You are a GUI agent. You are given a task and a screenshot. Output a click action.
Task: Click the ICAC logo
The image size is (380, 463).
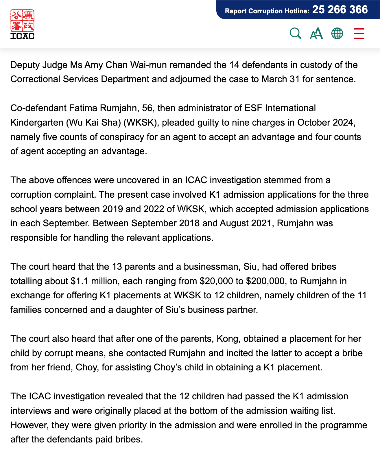[x=22, y=24]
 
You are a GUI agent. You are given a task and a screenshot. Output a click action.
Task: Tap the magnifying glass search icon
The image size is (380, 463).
[x=295, y=34]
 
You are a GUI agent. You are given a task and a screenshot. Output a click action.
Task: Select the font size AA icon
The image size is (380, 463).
[x=316, y=34]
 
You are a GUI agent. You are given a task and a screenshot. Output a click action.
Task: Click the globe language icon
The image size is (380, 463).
[x=337, y=34]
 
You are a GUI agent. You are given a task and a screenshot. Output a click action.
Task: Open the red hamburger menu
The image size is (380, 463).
[x=359, y=34]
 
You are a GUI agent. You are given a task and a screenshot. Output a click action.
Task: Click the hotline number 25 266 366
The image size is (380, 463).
[x=340, y=10]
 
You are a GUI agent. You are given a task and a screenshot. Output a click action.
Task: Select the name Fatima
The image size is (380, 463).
[x=83, y=108]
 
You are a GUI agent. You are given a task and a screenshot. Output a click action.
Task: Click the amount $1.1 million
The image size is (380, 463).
[x=93, y=281]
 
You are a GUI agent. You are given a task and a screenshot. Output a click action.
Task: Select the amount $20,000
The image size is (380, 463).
[x=218, y=281]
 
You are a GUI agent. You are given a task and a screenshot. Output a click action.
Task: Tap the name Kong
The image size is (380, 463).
[x=228, y=339]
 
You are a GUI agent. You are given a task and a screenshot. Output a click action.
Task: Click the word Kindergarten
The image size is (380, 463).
[x=37, y=122]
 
